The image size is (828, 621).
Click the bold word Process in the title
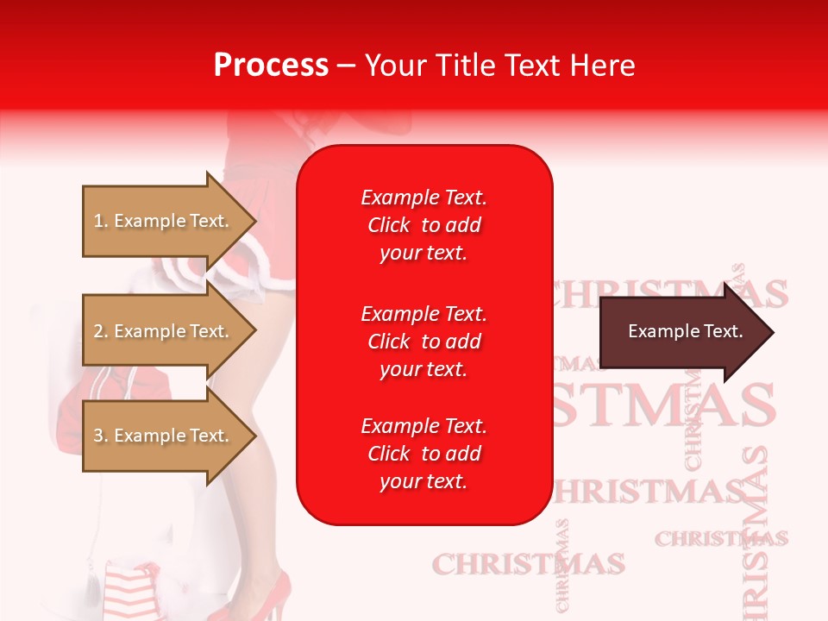pyautogui.click(x=271, y=66)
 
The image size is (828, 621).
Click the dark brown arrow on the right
pyautogui.click(x=681, y=332)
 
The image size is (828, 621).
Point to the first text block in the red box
pyautogui.click(x=423, y=225)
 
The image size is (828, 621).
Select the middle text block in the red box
pyautogui.click(x=423, y=342)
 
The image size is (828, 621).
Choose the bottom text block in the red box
pyautogui.click(x=423, y=454)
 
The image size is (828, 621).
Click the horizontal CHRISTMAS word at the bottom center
pyautogui.click(x=528, y=565)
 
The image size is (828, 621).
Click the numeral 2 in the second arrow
pyautogui.click(x=98, y=331)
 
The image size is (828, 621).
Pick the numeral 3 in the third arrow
pyautogui.click(x=98, y=436)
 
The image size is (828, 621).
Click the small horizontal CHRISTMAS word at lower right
pyautogui.click(x=720, y=539)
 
